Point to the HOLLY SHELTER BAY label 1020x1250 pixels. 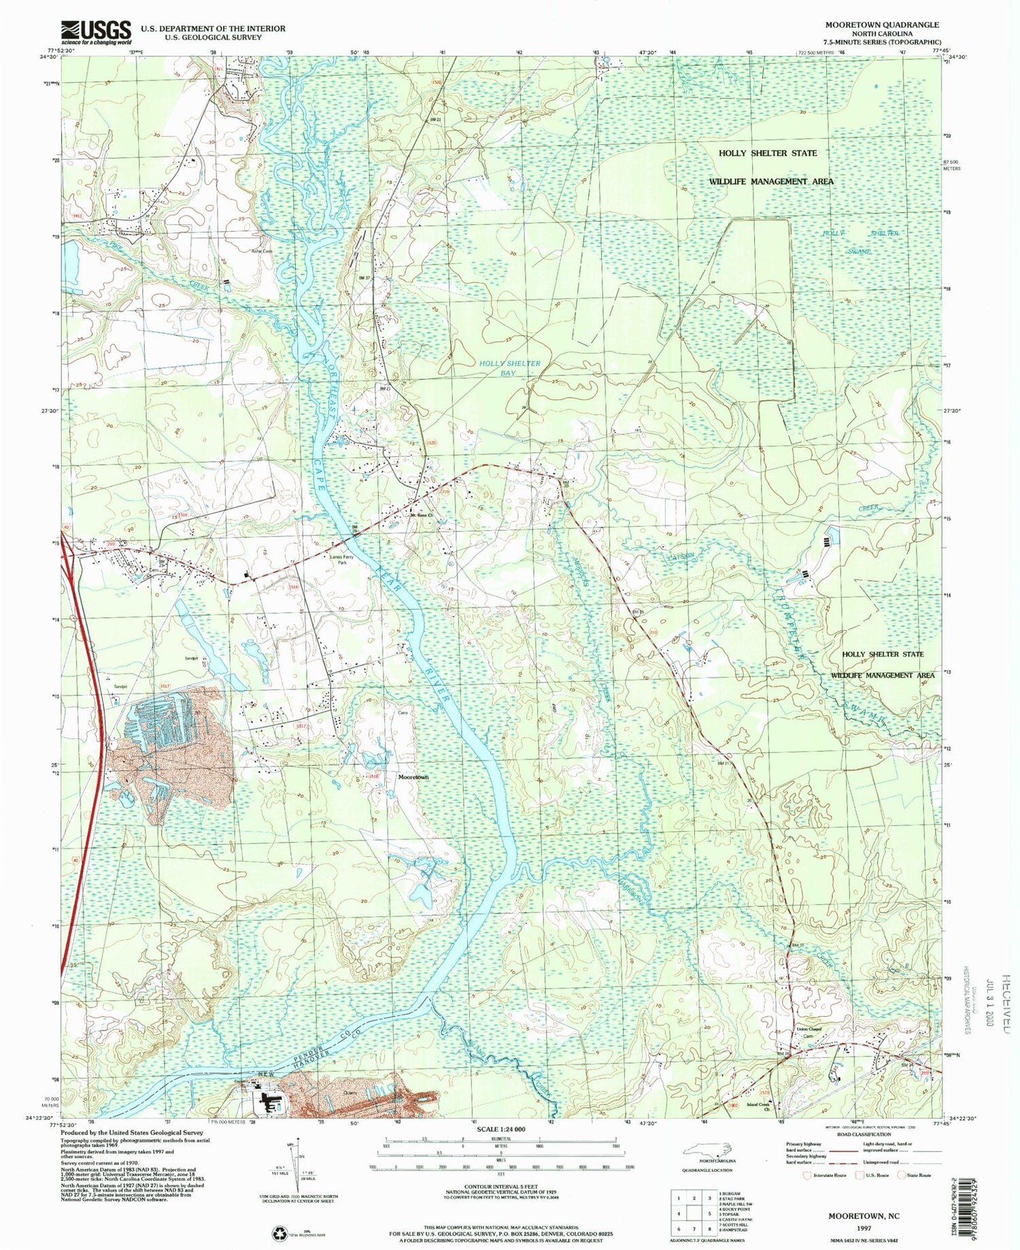point(509,368)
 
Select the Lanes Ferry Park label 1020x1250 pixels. point(343,561)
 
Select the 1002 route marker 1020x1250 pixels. point(732,1105)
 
